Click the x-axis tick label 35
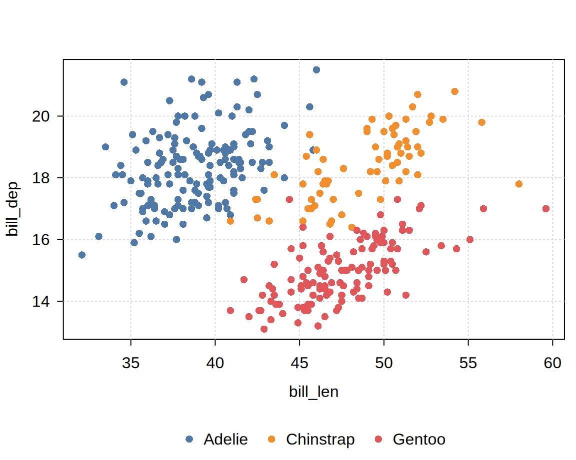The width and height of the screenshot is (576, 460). click(x=130, y=363)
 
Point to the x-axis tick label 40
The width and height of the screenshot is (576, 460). click(x=215, y=363)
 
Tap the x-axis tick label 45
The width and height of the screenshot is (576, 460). click(x=299, y=363)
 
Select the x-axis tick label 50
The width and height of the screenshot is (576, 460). click(x=383, y=363)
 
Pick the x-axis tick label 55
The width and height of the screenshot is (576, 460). click(x=468, y=363)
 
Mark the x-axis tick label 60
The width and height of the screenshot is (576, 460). click(x=552, y=363)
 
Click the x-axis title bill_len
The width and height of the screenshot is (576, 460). click(x=313, y=392)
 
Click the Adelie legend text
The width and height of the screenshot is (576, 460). click(x=225, y=440)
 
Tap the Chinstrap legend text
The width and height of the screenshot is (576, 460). click(x=320, y=440)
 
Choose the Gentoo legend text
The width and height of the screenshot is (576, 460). click(x=419, y=440)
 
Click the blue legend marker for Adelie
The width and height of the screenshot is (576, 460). click(x=189, y=440)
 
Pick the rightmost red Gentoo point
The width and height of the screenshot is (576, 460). click(x=546, y=209)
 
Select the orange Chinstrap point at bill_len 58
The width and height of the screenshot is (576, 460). click(x=519, y=184)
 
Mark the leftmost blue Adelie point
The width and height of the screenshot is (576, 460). click(x=82, y=255)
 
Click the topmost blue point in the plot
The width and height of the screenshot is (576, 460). click(x=316, y=70)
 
